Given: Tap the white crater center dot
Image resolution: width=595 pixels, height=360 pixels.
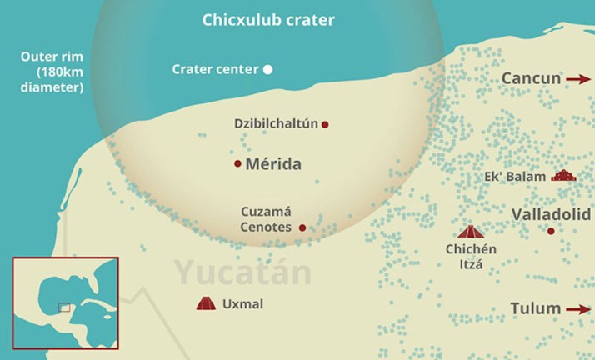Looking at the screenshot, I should pyautogui.click(x=268, y=69).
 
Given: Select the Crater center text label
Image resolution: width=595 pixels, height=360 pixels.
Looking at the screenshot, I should pyautogui.click(x=215, y=69).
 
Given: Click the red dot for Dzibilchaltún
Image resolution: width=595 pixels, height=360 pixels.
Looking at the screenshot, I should pyautogui.click(x=325, y=124).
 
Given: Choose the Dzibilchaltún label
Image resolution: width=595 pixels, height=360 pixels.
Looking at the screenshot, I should pyautogui.click(x=276, y=124).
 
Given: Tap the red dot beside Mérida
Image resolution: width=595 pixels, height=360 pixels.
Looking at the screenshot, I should pyautogui.click(x=237, y=163).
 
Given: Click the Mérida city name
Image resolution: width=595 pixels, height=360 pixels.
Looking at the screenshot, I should pyautogui.click(x=273, y=163).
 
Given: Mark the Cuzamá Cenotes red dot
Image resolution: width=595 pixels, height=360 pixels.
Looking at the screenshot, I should pyautogui.click(x=302, y=227).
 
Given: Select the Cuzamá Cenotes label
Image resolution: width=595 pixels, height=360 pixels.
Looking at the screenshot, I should pyautogui.click(x=267, y=219).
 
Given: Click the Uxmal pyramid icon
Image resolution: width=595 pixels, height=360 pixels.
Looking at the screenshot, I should pyautogui.click(x=205, y=304).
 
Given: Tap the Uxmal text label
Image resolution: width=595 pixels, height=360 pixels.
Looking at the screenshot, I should pyautogui.click(x=242, y=304).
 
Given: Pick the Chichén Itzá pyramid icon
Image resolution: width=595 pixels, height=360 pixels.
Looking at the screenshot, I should pyautogui.click(x=471, y=231).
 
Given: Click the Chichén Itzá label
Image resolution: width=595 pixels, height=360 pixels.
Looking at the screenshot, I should pyautogui.click(x=471, y=257).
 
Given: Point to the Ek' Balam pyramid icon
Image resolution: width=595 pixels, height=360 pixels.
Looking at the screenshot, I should pyautogui.click(x=563, y=176).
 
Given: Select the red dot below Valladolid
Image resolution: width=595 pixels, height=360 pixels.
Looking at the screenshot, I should pyautogui.click(x=550, y=230).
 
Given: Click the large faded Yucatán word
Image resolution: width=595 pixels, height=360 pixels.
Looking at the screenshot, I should pyautogui.click(x=242, y=272).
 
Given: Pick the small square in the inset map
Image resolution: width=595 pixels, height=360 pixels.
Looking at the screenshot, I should pyautogui.click(x=64, y=307).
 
